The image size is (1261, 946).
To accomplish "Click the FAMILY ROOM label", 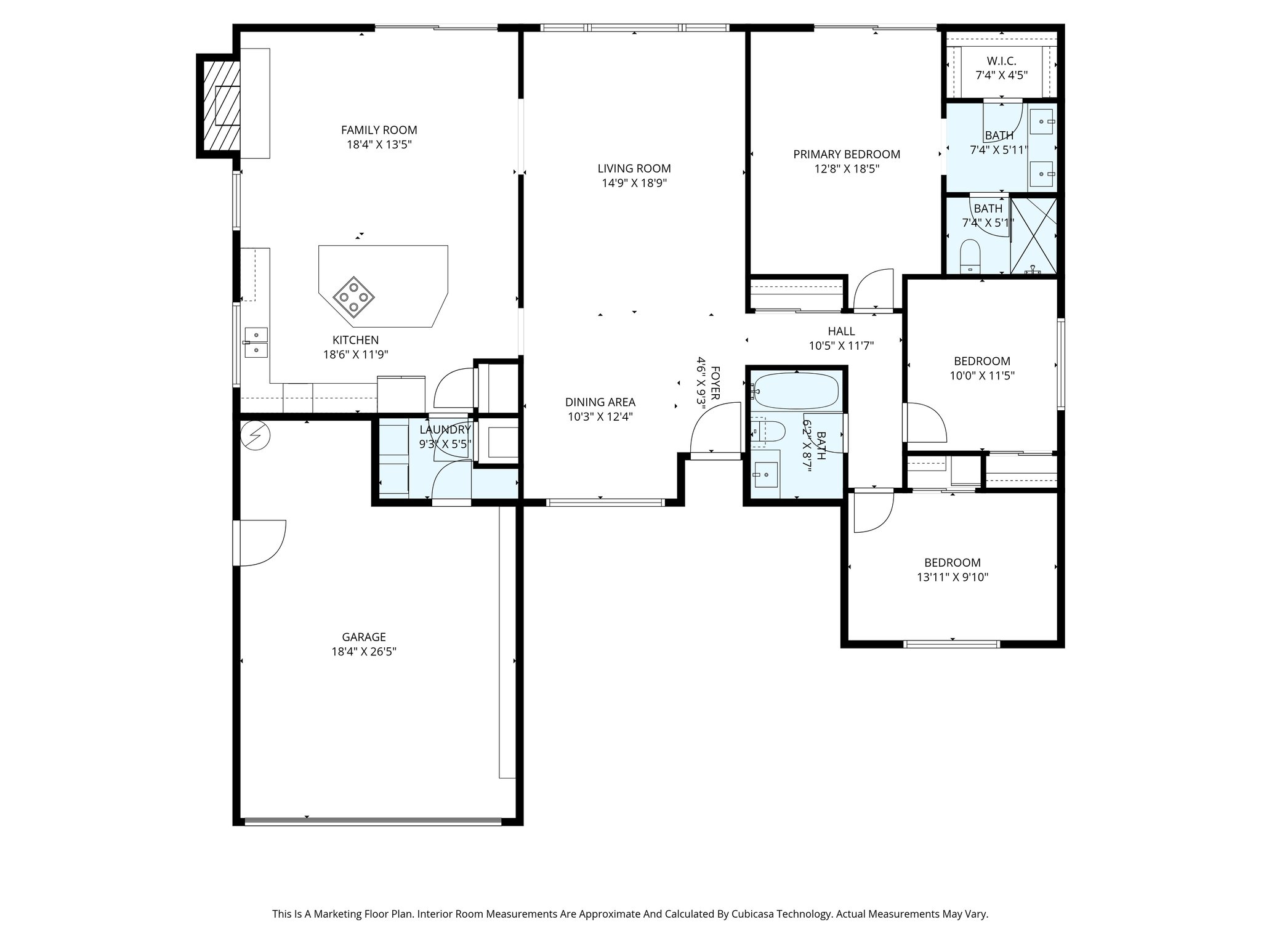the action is click(x=379, y=130).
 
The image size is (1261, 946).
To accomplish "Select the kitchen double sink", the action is click(x=256, y=342).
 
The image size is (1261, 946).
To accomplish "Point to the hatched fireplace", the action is click(x=219, y=105).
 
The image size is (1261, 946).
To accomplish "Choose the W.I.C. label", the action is click(x=1001, y=61).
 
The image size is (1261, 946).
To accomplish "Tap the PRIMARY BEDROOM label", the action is click(x=847, y=155).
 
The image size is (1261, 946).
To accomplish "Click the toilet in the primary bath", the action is click(x=970, y=256).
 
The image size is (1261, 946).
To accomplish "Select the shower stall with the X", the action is click(x=1034, y=235).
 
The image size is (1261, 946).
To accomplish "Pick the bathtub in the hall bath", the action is click(x=796, y=390).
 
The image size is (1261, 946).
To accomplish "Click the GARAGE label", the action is click(x=364, y=637).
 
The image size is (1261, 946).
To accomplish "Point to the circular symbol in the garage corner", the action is click(x=256, y=435).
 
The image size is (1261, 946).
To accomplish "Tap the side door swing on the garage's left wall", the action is click(x=260, y=543).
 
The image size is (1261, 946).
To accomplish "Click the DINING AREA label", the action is click(x=600, y=402).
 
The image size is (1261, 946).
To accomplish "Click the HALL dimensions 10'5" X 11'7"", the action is click(x=841, y=346).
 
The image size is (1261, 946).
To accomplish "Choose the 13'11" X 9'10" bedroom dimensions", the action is click(x=952, y=577).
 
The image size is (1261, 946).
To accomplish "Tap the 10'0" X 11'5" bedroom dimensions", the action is click(x=982, y=376).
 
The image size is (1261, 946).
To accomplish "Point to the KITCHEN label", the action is click(x=356, y=340).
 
